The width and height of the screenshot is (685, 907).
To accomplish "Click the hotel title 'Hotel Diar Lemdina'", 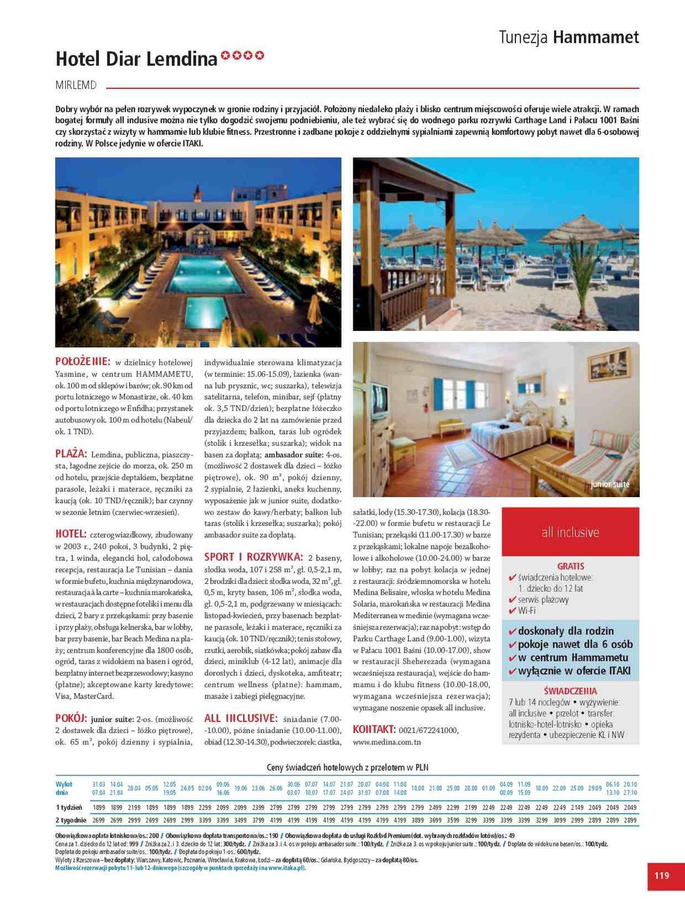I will pyautogui.click(x=137, y=58).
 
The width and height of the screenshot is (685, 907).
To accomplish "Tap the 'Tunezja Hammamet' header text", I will pyautogui.click(x=569, y=37).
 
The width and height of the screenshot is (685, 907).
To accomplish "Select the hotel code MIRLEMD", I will pyautogui.click(x=76, y=86).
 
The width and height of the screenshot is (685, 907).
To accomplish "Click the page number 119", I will pyautogui.click(x=662, y=876).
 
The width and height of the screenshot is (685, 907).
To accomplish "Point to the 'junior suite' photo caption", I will pyautogui.click(x=610, y=485).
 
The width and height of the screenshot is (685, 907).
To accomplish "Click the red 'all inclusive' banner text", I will pyautogui.click(x=570, y=532).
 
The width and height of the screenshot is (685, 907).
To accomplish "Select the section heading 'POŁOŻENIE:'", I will pyautogui.click(x=83, y=362).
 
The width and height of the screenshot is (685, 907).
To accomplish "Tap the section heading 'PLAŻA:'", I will pyautogui.click(x=71, y=454).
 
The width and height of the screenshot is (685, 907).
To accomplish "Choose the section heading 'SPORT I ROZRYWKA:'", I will pyautogui.click(x=253, y=557).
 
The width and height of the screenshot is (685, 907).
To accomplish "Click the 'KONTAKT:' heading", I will pyautogui.click(x=374, y=730).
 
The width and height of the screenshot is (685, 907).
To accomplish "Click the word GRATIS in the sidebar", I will pyautogui.click(x=570, y=566).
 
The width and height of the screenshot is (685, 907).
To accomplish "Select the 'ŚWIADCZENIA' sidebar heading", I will pyautogui.click(x=570, y=691).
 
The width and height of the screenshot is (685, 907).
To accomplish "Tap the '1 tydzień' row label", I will pyautogui.click(x=69, y=807).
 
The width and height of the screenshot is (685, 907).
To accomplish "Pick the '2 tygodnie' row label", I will pyautogui.click(x=71, y=820).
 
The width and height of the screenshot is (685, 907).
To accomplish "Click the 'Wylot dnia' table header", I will pyautogui.click(x=64, y=789).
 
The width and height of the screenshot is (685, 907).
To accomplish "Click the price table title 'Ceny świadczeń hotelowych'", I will pyautogui.click(x=347, y=768).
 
